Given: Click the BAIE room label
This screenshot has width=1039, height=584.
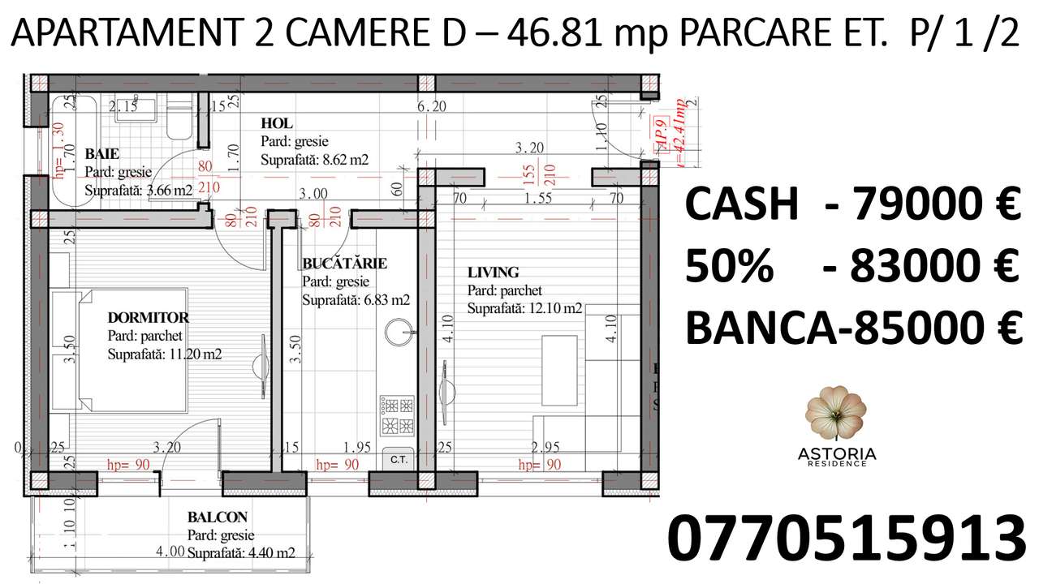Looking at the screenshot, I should [x=102, y=153].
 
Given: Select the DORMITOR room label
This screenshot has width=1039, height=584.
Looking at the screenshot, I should [x=148, y=317].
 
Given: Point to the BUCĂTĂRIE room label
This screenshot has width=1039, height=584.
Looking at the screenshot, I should [x=344, y=264].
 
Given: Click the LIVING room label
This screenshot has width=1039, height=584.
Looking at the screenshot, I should [x=493, y=273].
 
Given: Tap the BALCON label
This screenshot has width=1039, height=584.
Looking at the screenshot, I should [x=217, y=517].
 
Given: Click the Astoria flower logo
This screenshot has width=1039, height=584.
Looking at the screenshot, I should [x=835, y=414].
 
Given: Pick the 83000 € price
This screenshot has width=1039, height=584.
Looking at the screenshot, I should [x=934, y=266].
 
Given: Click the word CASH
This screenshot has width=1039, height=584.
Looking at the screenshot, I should [x=743, y=204].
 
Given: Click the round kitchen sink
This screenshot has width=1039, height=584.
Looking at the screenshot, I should [x=399, y=332].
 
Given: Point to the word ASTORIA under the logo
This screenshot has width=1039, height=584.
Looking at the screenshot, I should [x=835, y=453].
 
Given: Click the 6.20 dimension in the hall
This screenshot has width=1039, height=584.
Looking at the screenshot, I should [x=432, y=106].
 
